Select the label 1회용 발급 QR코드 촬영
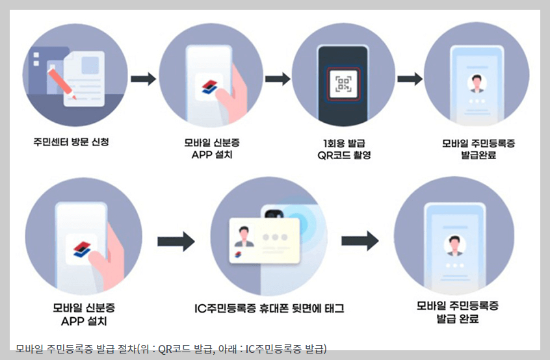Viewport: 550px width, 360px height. [x=343, y=149]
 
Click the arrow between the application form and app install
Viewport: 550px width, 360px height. [x=143, y=79]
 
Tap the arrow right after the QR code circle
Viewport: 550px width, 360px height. [x=410, y=79]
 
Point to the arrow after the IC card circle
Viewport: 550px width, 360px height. [x=360, y=240]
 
